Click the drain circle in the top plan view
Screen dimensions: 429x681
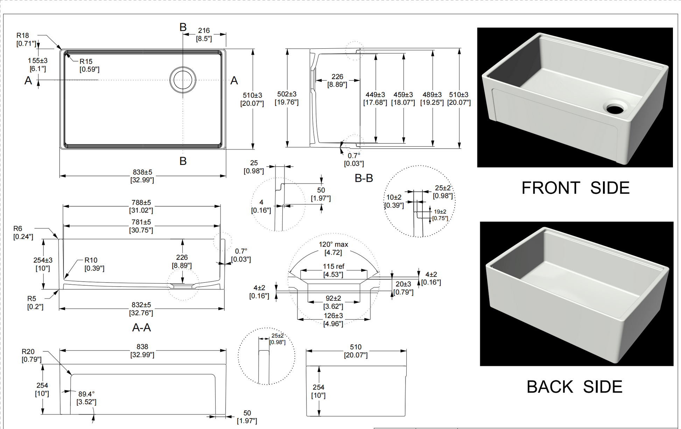click(x=183, y=80)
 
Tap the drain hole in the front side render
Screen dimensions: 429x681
click(x=615, y=108)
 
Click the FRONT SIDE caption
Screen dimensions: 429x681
click(x=575, y=188)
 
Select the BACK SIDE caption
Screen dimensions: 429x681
click(x=574, y=387)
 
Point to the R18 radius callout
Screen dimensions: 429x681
click(x=23, y=36)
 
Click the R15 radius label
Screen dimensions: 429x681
click(x=86, y=62)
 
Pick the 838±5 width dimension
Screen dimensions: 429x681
click(x=142, y=172)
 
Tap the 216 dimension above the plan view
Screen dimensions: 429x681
click(x=204, y=31)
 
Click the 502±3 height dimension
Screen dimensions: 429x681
click(x=287, y=94)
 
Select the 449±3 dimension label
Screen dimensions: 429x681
click(x=375, y=95)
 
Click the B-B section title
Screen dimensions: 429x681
click(x=364, y=178)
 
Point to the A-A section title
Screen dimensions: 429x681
click(x=141, y=327)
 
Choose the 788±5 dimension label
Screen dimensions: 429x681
click(x=141, y=203)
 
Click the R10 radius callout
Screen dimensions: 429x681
click(x=91, y=260)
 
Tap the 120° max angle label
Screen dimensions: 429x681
click(x=333, y=244)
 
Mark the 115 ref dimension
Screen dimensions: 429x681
click(x=333, y=267)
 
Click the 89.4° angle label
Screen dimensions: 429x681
click(x=86, y=394)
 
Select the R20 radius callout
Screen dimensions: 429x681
click(x=28, y=352)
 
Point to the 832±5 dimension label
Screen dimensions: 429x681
click(x=141, y=305)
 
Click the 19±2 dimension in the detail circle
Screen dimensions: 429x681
click(x=440, y=212)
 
